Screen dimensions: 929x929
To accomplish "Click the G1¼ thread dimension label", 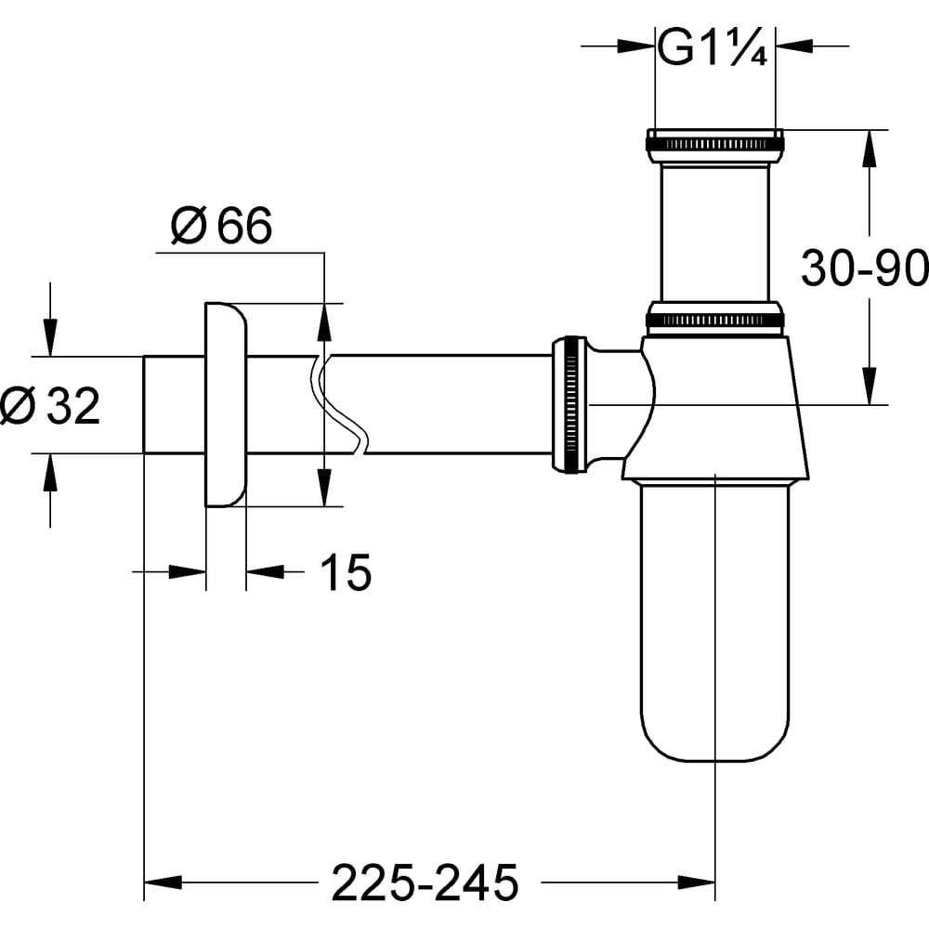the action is (x=713, y=46).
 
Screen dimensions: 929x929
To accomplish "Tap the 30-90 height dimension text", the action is (x=864, y=268).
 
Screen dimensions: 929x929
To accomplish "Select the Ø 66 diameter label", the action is (x=221, y=225).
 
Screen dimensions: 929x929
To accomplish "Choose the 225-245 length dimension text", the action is (x=425, y=883).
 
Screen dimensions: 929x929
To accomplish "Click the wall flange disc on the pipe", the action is (x=226, y=405).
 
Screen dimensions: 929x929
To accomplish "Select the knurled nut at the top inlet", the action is (x=715, y=145).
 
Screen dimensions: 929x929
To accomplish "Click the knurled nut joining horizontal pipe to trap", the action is (x=569, y=405).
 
